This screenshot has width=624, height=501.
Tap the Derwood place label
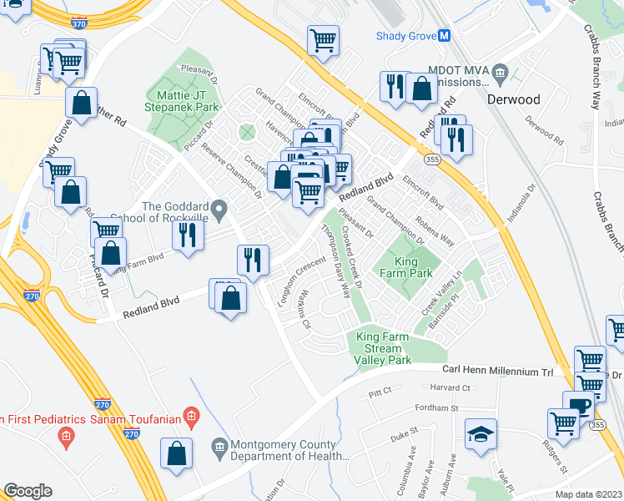(x=513, y=99)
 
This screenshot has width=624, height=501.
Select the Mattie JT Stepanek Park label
(x=182, y=101)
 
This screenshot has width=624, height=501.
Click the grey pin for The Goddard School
(x=219, y=209)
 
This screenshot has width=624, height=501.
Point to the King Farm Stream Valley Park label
(x=384, y=347)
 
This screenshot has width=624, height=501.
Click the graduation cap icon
(x=481, y=434)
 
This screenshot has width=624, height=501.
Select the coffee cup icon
(x=578, y=405)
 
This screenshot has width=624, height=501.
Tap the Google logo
(x=27, y=491)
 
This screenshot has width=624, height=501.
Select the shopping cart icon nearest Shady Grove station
(x=322, y=38)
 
